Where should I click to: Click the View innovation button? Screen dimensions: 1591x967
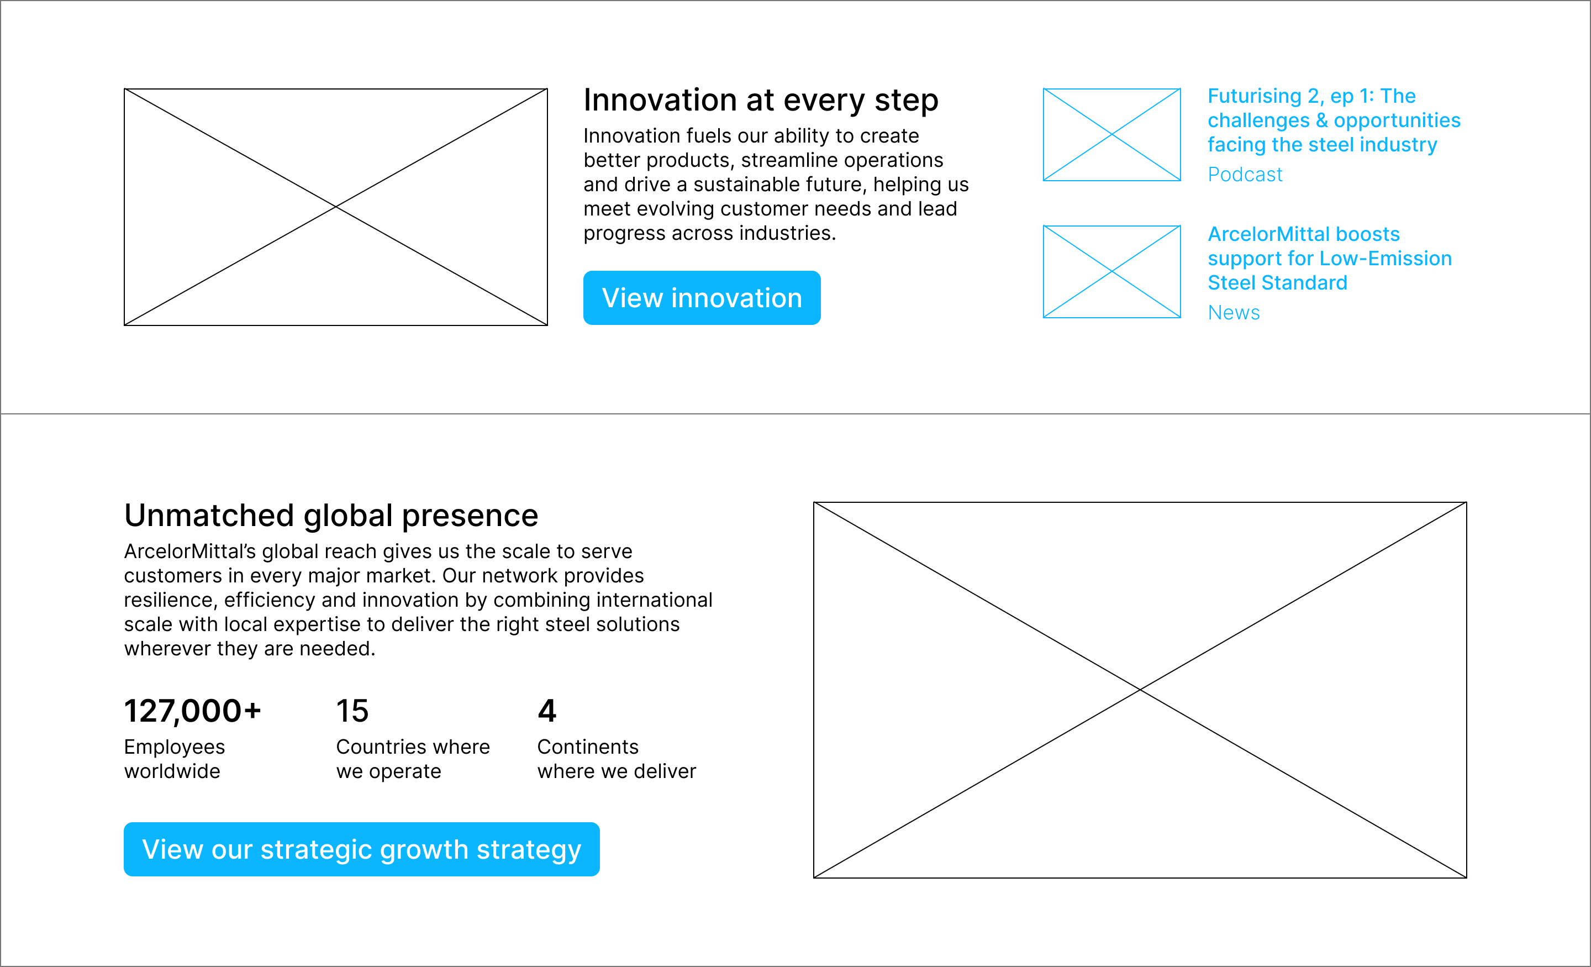point(702,298)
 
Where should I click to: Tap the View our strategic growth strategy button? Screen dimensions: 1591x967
point(362,849)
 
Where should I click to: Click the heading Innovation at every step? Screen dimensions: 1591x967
point(761,101)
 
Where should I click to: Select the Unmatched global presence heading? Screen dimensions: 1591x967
point(331,516)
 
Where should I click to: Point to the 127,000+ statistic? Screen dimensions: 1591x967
point(192,711)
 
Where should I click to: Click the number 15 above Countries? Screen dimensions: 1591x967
point(352,711)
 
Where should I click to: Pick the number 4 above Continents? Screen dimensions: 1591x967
point(547,711)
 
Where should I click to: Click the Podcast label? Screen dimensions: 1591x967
point(1245,175)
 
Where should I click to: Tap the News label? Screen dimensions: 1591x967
point(1234,313)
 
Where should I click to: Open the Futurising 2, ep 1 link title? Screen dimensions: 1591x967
point(1334,120)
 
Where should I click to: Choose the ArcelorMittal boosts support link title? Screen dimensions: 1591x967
point(1330,259)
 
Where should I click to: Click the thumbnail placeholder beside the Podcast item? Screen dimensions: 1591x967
point(1112,134)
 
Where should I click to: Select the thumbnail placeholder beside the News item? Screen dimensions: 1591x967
point(1112,271)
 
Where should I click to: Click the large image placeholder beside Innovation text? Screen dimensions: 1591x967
point(336,207)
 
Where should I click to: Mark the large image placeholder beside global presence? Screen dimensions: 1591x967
point(1140,690)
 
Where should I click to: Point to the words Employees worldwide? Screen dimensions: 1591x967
point(175,759)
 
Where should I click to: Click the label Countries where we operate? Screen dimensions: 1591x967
point(413,759)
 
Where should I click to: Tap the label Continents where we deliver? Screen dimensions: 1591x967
point(617,759)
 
